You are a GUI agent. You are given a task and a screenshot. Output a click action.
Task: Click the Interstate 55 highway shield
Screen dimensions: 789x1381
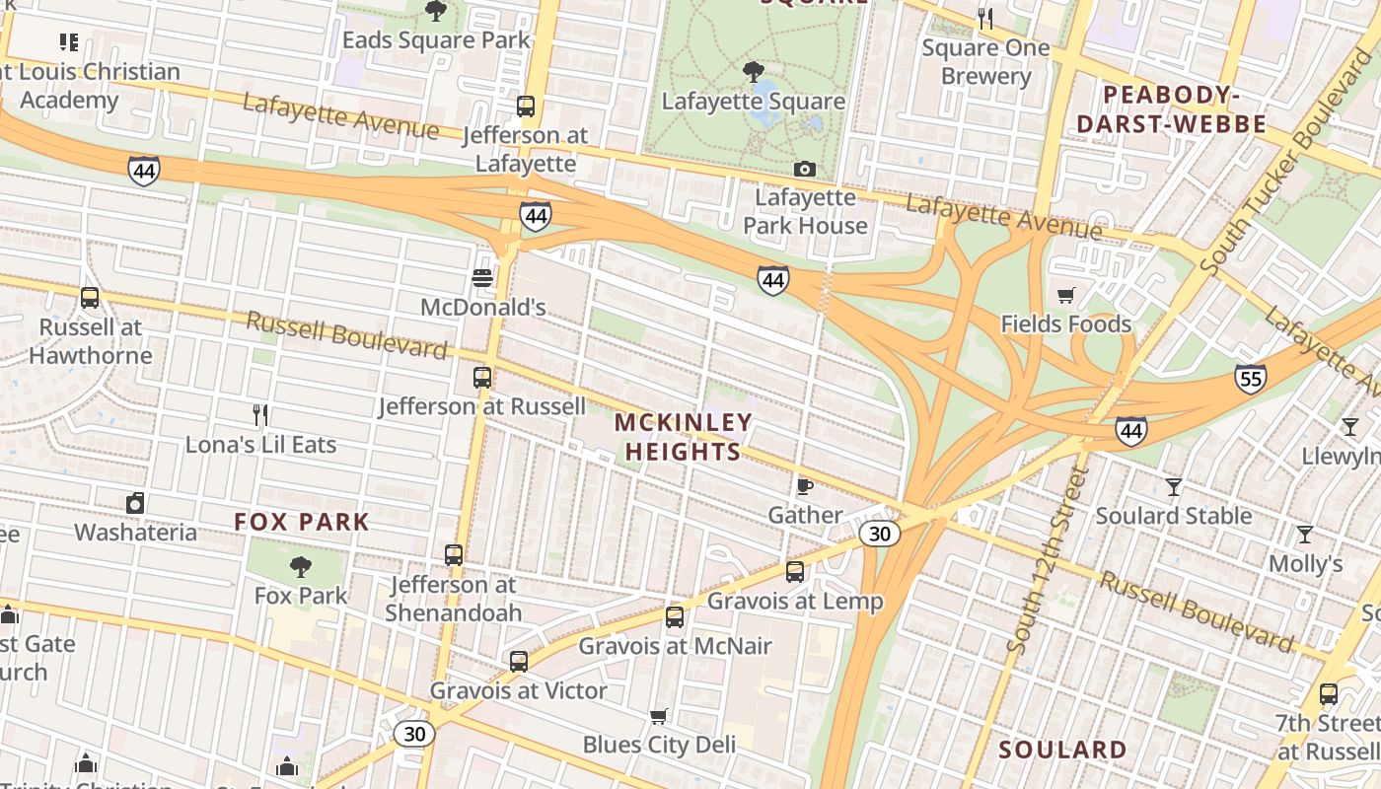(x=1250, y=379)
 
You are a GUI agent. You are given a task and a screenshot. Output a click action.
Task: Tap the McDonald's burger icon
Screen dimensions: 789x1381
(x=482, y=278)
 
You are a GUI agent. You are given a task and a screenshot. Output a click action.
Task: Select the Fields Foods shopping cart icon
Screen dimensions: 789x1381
(x=1065, y=295)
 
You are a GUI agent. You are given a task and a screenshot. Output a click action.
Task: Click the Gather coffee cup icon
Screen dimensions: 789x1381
(x=805, y=486)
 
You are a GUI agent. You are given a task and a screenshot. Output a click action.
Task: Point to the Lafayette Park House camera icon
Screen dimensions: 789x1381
(x=805, y=170)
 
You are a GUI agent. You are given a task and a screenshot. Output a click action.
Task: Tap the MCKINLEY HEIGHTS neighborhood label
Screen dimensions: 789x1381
(x=683, y=437)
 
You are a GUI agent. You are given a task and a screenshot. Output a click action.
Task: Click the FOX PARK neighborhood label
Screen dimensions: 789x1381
(x=302, y=522)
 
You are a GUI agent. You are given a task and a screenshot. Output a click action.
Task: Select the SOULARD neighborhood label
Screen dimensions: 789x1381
(x=1062, y=750)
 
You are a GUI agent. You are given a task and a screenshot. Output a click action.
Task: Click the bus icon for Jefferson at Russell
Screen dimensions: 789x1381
(x=482, y=377)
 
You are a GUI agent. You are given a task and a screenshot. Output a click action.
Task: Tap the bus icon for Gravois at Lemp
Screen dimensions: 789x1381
(x=795, y=571)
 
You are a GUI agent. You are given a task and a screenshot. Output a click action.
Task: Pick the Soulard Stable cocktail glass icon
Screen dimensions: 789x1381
(x=1174, y=486)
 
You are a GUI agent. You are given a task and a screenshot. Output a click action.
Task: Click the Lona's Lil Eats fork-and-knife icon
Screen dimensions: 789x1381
(x=260, y=415)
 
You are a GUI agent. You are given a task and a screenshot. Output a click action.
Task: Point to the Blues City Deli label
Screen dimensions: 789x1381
(x=659, y=744)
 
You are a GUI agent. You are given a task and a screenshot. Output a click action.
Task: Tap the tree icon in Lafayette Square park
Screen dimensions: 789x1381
(x=754, y=71)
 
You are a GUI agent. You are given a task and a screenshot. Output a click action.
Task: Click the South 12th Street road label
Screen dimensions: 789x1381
(x=1048, y=559)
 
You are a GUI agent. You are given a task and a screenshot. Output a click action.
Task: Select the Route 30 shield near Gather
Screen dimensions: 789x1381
(x=879, y=534)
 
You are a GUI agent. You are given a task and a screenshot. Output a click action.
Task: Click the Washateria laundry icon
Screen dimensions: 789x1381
(x=135, y=503)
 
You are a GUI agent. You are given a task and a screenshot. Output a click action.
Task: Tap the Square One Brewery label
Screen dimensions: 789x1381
(x=986, y=61)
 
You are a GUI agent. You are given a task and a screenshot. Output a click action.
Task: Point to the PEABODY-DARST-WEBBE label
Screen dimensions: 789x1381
(x=1171, y=109)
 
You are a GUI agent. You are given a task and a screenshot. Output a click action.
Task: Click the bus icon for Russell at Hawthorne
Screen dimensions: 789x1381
(x=90, y=297)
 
